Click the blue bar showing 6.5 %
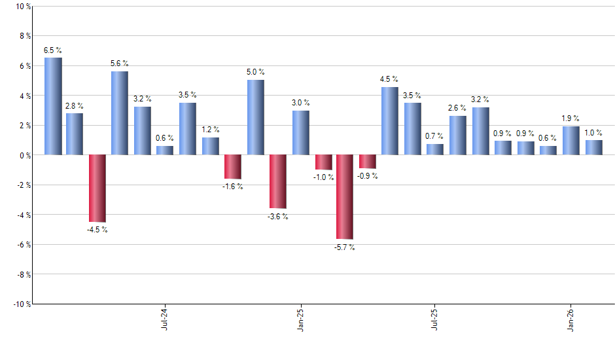[x=53, y=106]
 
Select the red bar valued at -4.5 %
[x=97, y=189]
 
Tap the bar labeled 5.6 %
[x=120, y=113]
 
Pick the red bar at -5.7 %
[x=345, y=197]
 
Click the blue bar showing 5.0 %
[x=256, y=117]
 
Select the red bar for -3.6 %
[x=278, y=181]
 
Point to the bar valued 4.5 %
[x=390, y=121]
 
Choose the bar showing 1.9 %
[x=571, y=141]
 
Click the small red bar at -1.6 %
[x=233, y=167]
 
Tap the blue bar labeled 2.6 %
[x=457, y=135]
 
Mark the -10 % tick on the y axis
[x=21, y=304]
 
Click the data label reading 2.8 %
[x=75, y=106]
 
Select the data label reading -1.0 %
[x=323, y=177]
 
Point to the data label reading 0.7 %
[x=434, y=136]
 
